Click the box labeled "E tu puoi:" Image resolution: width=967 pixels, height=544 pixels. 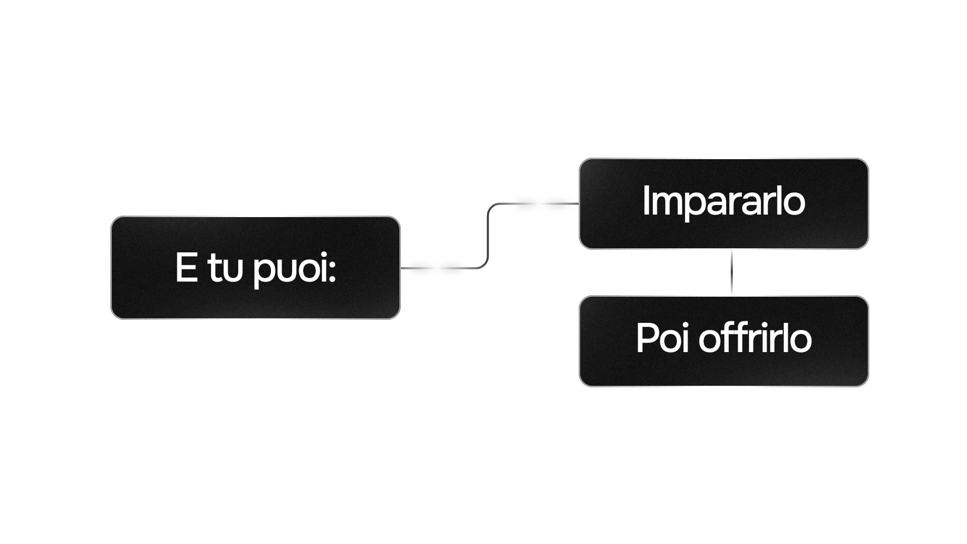[255, 267]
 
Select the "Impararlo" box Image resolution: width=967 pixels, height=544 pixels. [724, 203]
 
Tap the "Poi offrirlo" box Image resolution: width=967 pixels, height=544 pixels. [724, 341]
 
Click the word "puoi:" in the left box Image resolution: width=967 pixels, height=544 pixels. [294, 269]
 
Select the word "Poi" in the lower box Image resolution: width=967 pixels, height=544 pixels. [662, 338]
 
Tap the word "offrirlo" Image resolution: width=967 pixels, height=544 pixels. [755, 338]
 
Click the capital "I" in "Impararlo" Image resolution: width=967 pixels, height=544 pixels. [646, 200]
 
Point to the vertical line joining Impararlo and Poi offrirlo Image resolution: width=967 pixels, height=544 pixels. [731, 272]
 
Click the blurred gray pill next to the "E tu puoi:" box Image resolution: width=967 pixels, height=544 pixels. [436, 267]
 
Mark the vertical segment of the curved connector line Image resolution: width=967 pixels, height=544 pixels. [488, 236]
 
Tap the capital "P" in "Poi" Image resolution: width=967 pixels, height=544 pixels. [646, 338]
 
